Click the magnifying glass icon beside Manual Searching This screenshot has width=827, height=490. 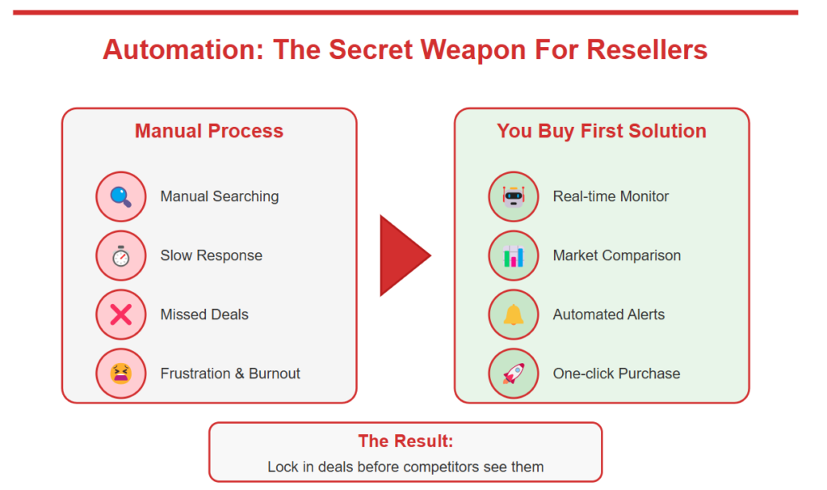[120, 196]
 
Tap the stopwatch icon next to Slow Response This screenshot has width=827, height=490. [120, 256]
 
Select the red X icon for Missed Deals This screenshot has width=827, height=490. [120, 315]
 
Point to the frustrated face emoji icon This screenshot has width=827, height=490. [120, 374]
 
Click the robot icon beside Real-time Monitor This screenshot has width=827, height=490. [513, 196]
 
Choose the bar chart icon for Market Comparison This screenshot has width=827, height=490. [513, 256]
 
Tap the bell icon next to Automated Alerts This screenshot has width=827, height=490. [513, 315]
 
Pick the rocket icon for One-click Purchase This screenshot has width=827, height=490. [513, 374]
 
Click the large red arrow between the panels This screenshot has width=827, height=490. [403, 256]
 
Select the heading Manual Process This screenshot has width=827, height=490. [209, 131]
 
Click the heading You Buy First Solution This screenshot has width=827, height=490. [602, 131]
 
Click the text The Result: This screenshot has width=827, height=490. [405, 441]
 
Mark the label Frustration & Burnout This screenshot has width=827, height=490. [230, 374]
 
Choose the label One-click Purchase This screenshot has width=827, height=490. [616, 374]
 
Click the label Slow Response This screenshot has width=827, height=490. [212, 256]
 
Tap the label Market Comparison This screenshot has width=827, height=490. [617, 256]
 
